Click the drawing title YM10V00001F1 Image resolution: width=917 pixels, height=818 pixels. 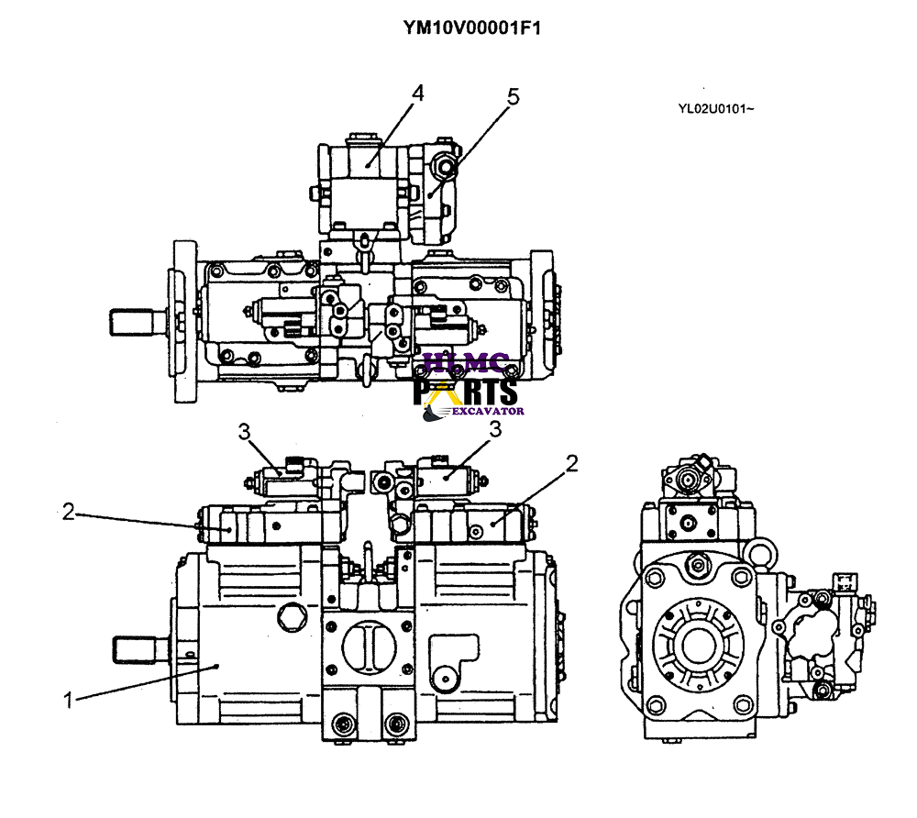tap(471, 28)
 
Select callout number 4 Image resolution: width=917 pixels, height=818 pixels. tap(417, 94)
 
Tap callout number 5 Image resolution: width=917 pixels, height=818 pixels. tap(513, 96)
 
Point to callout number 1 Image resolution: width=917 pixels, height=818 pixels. tap(67, 701)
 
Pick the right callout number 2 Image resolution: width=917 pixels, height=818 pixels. tap(571, 464)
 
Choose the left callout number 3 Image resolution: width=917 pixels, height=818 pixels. tap(243, 430)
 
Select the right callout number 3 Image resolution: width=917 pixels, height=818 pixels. tap(494, 428)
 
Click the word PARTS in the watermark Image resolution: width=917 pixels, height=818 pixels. tap(466, 392)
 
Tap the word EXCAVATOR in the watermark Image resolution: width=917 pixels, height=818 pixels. tap(486, 412)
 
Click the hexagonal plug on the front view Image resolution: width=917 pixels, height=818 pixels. tap(292, 616)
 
